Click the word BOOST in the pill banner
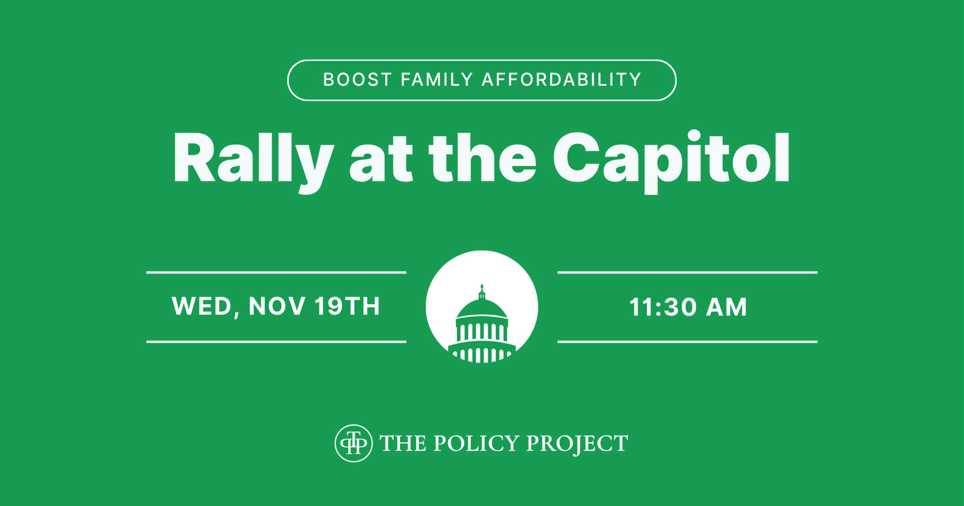[x=358, y=80]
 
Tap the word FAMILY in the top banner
[x=437, y=80]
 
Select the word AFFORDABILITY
[x=561, y=80]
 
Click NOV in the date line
[x=277, y=306]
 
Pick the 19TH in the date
[x=347, y=306]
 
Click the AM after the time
[x=727, y=307]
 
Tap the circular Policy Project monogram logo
[x=353, y=443]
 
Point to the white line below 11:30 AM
[x=687, y=342]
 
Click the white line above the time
[x=687, y=272]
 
